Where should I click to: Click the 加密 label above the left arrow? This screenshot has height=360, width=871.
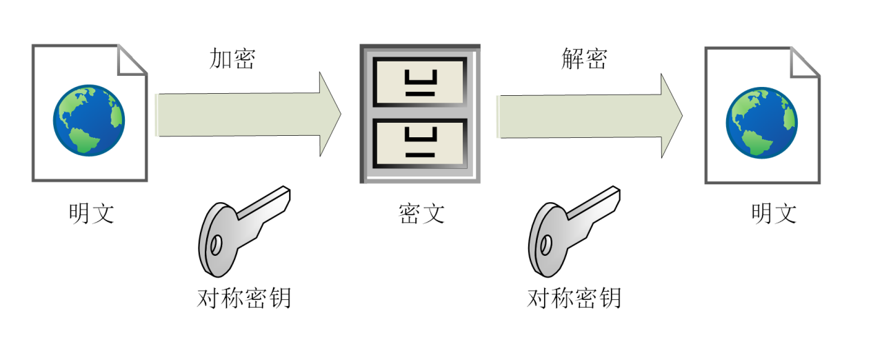point(232,59)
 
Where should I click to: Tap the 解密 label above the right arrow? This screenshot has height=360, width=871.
point(584,59)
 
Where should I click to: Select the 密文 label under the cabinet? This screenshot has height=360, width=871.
point(421,213)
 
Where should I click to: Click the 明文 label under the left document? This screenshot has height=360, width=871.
point(92,213)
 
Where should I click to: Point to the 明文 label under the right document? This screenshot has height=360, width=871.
point(774,213)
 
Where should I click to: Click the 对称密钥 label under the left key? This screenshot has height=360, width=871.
point(244,298)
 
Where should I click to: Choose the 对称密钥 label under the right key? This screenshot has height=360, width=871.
point(574,298)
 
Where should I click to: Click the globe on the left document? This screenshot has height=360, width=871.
point(89,121)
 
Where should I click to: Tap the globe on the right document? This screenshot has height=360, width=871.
point(762,123)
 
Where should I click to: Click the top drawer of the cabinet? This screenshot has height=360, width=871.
point(420,82)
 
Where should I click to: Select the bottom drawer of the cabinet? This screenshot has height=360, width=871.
point(420,143)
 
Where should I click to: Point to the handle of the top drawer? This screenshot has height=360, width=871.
point(421,77)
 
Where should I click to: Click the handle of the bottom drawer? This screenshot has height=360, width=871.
point(421,134)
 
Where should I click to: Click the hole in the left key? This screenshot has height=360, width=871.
point(216,245)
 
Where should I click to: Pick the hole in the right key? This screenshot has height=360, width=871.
point(546,245)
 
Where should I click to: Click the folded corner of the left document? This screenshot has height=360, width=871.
point(132,59)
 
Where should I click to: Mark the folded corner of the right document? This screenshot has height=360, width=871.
point(805,62)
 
